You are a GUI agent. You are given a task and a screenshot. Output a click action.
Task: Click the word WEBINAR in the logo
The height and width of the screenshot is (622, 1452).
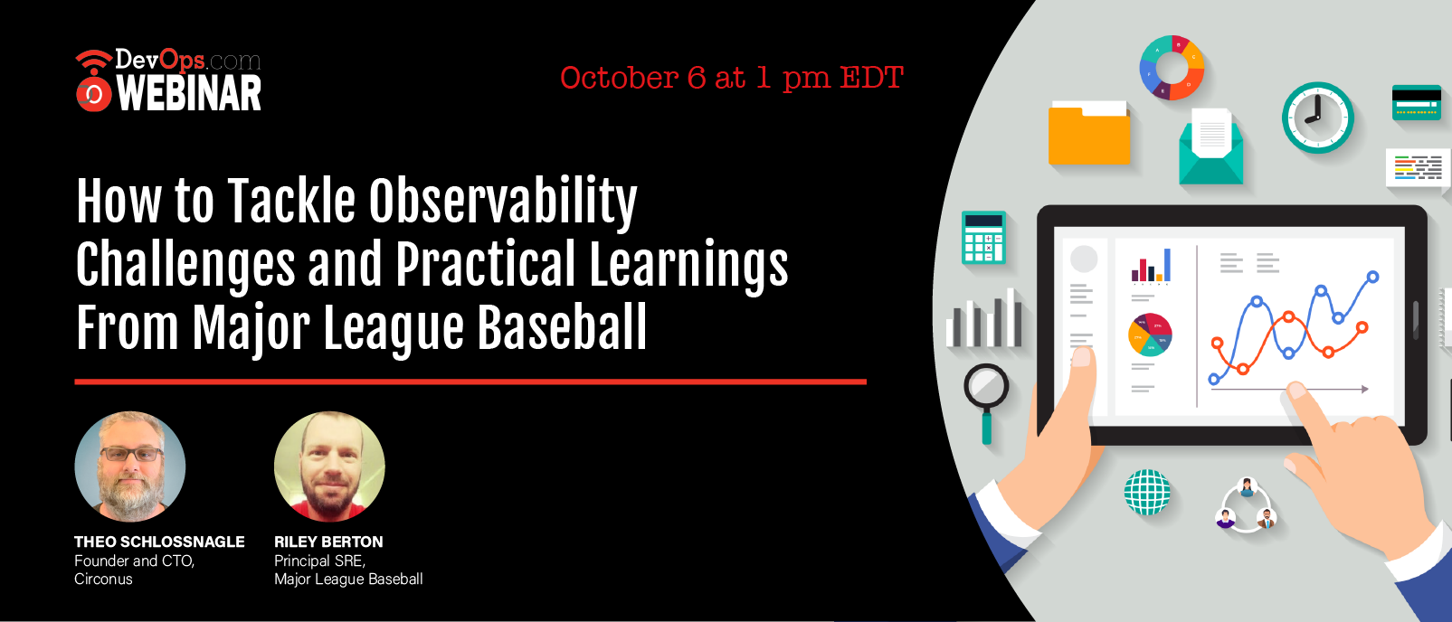pos(189,94)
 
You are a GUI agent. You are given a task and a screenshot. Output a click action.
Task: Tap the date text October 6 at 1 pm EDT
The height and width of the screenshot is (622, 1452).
pos(732,79)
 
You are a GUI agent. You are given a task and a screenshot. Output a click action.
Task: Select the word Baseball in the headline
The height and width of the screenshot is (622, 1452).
pos(563,327)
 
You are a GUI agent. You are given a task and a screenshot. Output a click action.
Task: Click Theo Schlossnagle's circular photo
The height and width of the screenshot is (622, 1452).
pos(130,466)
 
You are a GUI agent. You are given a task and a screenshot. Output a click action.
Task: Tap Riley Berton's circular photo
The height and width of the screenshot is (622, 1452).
pos(329,466)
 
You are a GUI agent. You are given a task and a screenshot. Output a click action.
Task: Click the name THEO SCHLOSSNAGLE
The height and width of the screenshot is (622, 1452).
pos(159,542)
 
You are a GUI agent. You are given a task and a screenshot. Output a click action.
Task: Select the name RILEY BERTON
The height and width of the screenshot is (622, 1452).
pos(328,542)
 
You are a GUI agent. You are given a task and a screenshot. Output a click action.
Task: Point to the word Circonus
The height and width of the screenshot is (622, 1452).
pos(103,579)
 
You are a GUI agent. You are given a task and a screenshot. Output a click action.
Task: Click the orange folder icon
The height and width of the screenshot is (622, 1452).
pos(1089,133)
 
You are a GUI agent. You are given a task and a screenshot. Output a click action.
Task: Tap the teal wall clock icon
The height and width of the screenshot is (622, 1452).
pos(1318,118)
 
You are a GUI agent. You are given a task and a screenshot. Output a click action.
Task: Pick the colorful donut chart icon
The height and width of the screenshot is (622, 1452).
pos(1172,68)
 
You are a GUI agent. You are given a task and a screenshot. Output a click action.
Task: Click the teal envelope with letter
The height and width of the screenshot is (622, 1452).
pos(1210,146)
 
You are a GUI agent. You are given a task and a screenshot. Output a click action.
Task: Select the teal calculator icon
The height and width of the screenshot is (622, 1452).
pos(983,237)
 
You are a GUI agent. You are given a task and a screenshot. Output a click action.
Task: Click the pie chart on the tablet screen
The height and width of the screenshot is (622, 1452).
pos(1150,335)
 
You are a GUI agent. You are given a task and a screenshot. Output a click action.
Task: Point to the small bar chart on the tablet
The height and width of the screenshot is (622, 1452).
pos(1151,267)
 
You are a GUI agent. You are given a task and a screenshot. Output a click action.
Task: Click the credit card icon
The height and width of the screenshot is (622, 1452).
pos(1417,102)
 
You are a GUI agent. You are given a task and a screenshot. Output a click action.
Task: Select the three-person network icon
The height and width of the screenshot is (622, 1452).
pos(1245,505)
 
